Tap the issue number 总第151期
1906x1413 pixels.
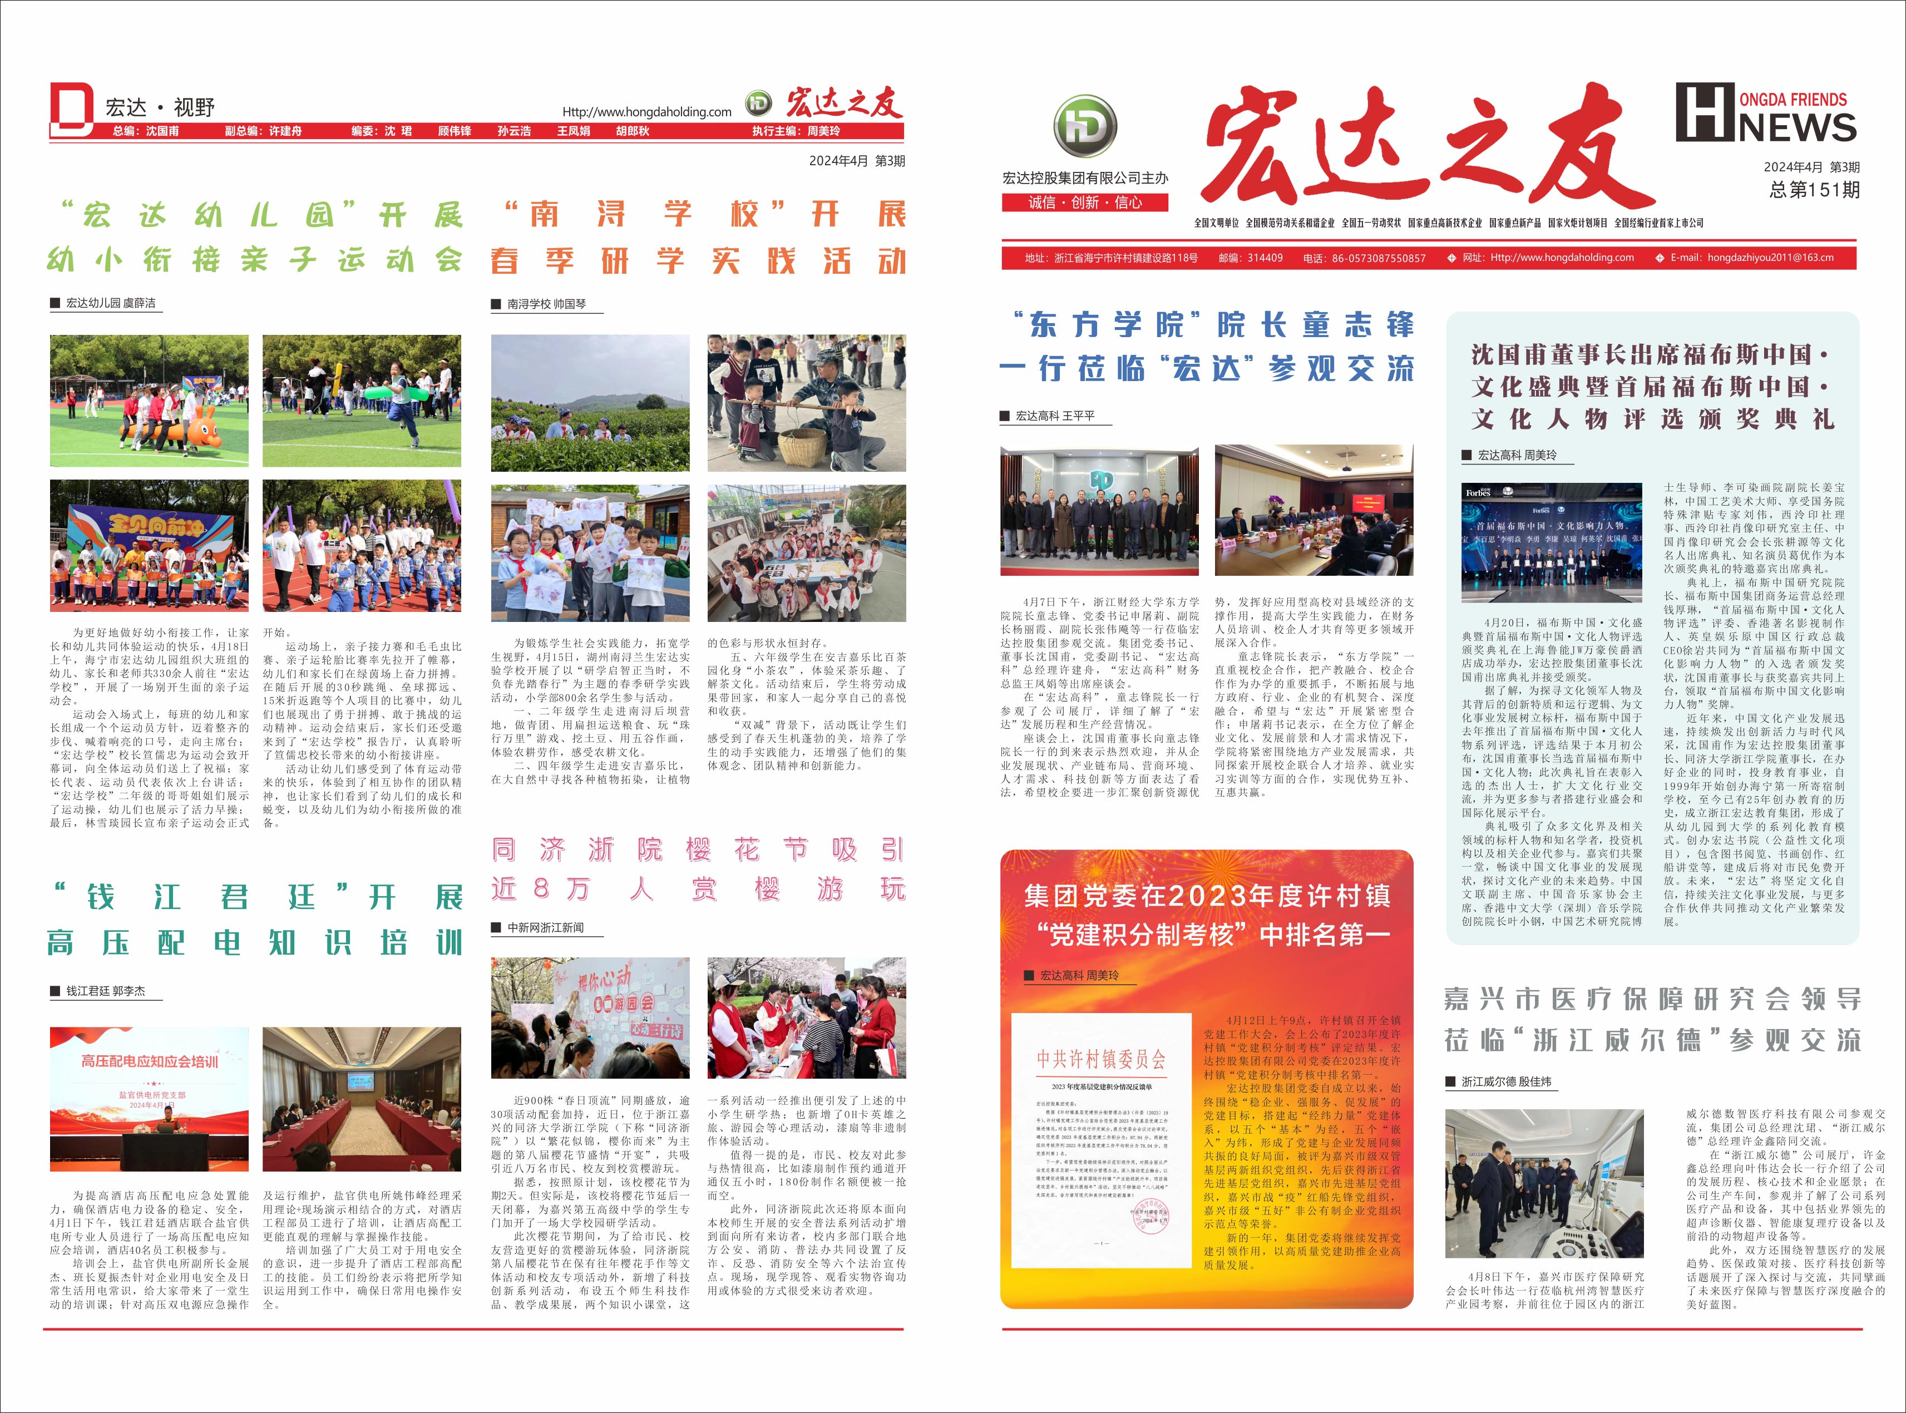[x=1814, y=190]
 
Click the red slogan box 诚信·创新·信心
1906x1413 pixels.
[x=1085, y=202]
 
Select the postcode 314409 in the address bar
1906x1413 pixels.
[x=1263, y=258]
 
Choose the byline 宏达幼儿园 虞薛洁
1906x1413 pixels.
[x=110, y=303]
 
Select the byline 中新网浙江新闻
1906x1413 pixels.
[x=545, y=927]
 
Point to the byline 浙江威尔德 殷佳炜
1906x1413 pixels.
[x=1505, y=1082]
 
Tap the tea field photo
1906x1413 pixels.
[x=590, y=404]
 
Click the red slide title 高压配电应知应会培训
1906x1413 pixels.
[x=150, y=1061]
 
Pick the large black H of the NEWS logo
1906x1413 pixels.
[x=1705, y=112]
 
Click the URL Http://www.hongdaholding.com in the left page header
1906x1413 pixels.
[x=647, y=112]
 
